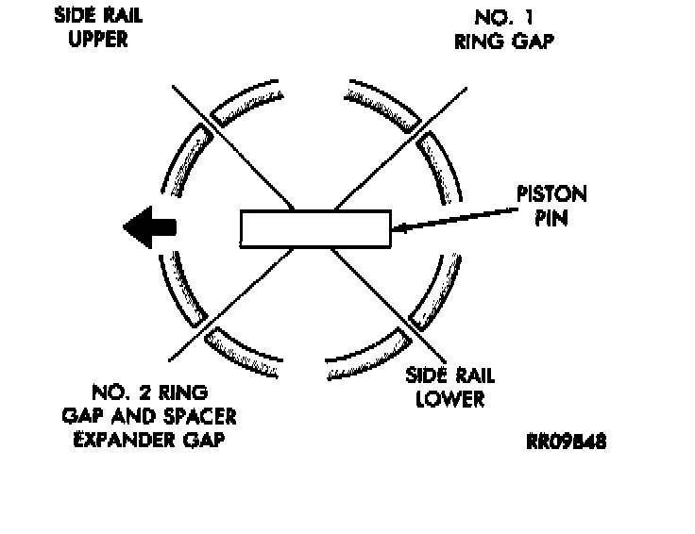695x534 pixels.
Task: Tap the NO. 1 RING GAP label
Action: click(x=504, y=29)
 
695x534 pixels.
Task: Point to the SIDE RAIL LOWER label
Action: click(x=449, y=387)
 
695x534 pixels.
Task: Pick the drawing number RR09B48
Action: click(x=567, y=442)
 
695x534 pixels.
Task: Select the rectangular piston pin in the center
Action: click(x=314, y=229)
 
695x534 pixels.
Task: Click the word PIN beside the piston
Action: click(x=551, y=218)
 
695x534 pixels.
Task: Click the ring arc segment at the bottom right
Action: click(x=366, y=350)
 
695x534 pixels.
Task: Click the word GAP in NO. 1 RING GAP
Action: click(x=533, y=41)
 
